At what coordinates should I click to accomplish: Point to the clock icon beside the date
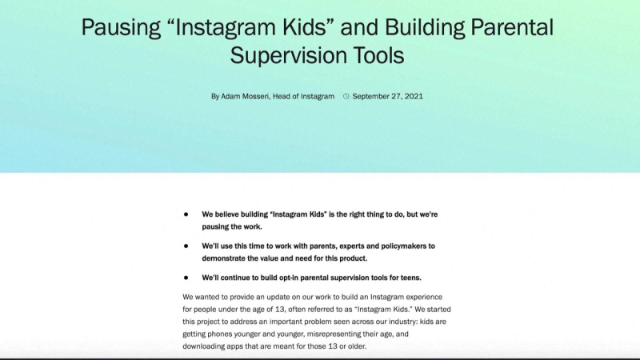(346, 97)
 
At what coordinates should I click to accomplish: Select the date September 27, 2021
(388, 97)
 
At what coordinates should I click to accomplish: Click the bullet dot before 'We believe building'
(186, 214)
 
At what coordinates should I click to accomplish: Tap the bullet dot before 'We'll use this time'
(186, 246)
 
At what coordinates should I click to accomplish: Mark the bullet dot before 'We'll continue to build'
(186, 278)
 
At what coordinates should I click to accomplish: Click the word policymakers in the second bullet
(402, 246)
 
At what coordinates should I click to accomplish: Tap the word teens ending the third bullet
(408, 278)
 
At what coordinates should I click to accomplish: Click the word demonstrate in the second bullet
(228, 259)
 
